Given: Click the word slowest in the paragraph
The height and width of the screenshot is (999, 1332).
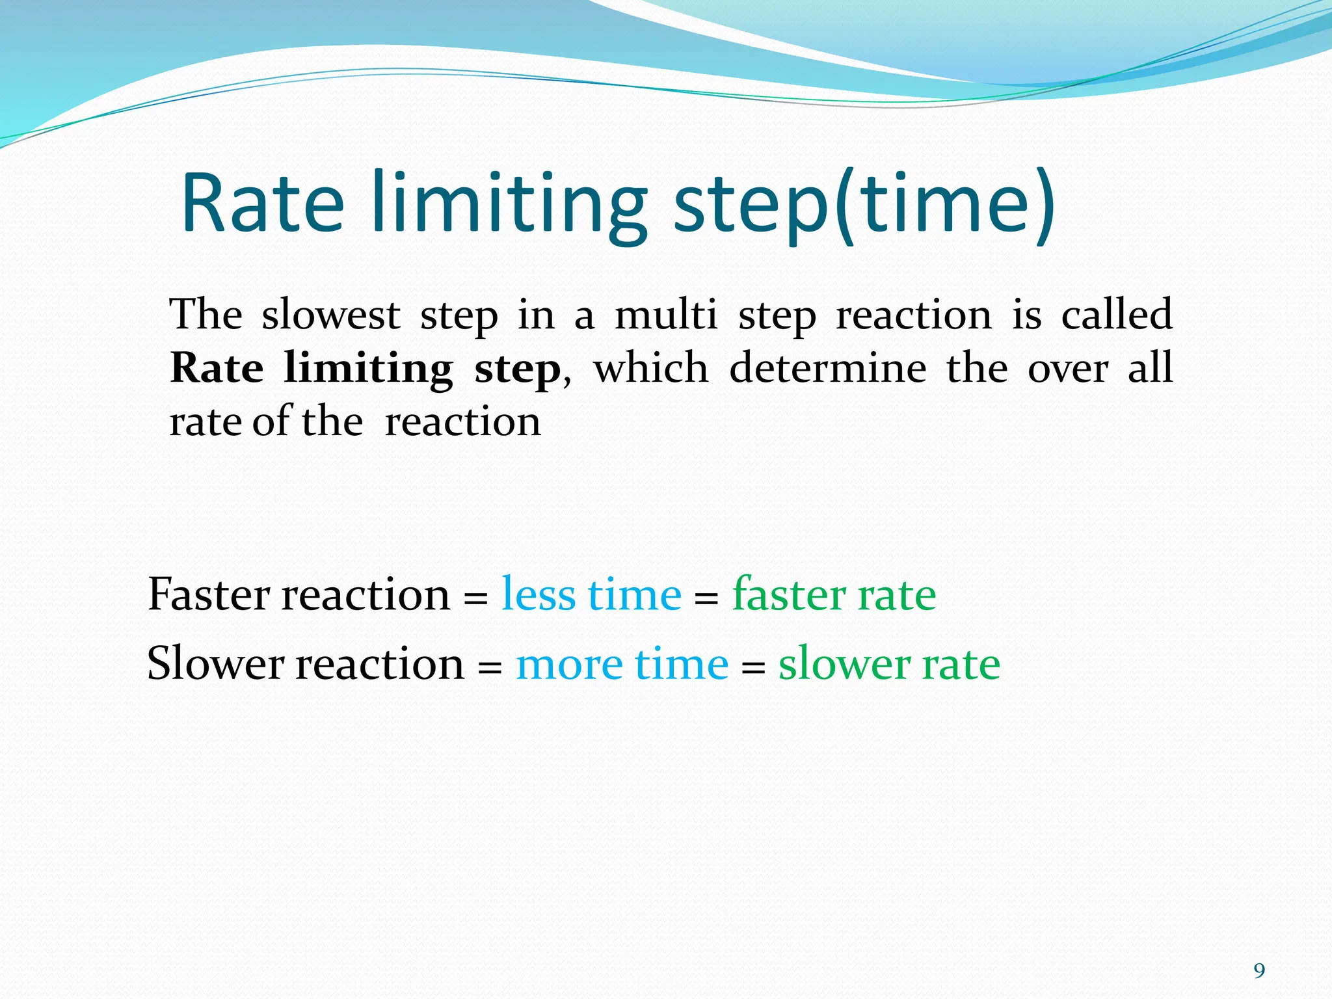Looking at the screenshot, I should tap(330, 315).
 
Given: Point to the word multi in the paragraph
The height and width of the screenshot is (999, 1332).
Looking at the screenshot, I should tap(665, 315).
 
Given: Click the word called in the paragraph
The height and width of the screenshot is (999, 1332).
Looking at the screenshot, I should tap(1116, 315).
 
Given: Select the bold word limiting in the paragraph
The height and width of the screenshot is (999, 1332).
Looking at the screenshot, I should tap(368, 369).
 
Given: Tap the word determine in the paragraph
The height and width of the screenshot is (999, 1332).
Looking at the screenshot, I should tap(827, 368).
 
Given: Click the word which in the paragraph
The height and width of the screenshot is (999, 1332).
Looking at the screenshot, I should tap(650, 368).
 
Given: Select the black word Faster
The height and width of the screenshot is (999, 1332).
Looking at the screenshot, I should tap(209, 594).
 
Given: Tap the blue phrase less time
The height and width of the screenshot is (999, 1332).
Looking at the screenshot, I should tap(591, 594).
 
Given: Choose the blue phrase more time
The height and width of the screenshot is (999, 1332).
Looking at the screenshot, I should tap(622, 664).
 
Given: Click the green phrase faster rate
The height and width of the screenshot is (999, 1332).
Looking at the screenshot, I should tap(834, 594).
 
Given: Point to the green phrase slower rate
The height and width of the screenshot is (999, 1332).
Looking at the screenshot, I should tap(889, 664).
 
